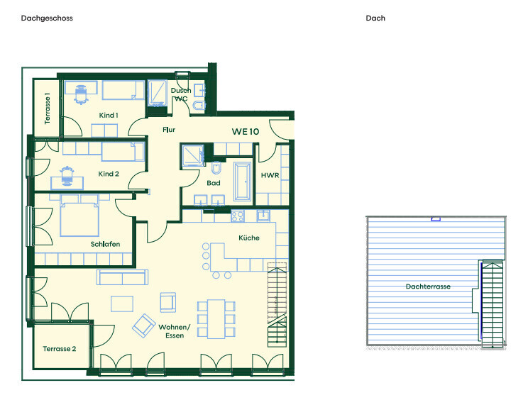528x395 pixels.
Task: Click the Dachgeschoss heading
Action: [x=47, y=18]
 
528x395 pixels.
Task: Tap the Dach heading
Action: [x=375, y=18]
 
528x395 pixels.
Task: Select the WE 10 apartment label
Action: [x=246, y=132]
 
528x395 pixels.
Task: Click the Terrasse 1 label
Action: [x=47, y=109]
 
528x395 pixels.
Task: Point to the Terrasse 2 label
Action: [x=60, y=349]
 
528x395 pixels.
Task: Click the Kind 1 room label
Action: [x=109, y=116]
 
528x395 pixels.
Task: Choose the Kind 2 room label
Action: [x=109, y=174]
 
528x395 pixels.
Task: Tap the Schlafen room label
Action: [x=105, y=244]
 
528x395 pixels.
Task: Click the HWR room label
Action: [x=270, y=175]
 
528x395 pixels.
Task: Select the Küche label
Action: [x=249, y=238]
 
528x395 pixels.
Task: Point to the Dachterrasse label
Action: [x=428, y=286]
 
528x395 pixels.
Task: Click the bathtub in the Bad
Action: [x=242, y=182]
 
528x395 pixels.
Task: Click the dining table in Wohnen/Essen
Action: [x=216, y=319]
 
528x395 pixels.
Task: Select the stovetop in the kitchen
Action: [x=238, y=216]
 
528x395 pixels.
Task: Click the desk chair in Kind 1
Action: [x=81, y=94]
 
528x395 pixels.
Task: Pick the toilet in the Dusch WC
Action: [x=199, y=106]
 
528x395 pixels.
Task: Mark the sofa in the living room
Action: [x=122, y=277]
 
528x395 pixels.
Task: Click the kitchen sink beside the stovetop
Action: [x=263, y=216]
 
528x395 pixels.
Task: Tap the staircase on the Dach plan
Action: [x=493, y=304]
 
